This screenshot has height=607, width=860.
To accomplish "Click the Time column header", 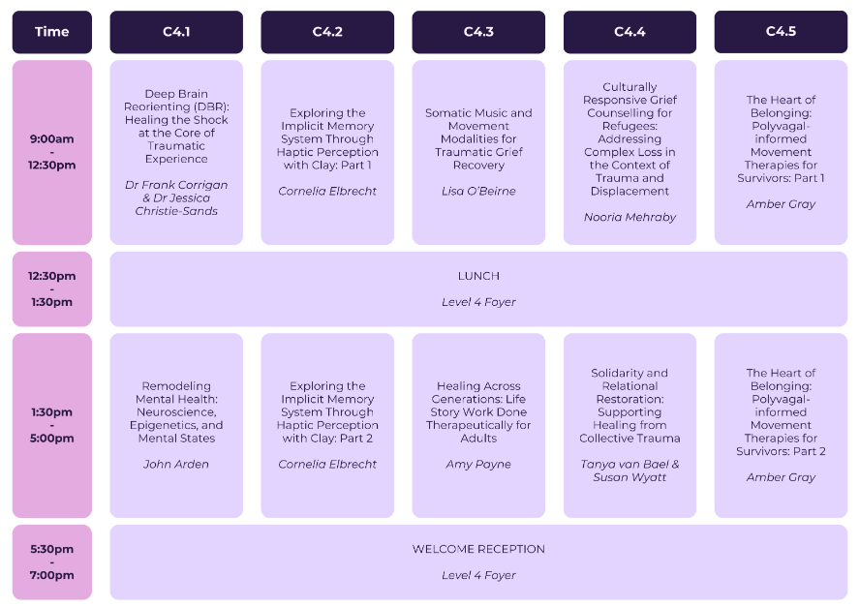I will pos(52,32).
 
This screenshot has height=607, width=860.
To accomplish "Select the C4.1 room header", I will pos(176,32).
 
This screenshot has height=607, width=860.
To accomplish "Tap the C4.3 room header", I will pos(478,32).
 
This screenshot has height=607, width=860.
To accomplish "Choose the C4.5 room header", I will pos(781,32).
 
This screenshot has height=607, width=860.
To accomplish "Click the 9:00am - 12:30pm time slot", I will pos(52,152).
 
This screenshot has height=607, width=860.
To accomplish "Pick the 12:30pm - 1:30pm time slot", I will pos(52,288).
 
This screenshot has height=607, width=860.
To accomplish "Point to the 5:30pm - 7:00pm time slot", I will pos(52,561).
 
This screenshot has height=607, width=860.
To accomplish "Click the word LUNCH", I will pos(478,276).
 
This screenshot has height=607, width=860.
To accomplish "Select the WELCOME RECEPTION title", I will pos(478,549).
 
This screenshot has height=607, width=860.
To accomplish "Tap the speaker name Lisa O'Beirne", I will pos(478,191).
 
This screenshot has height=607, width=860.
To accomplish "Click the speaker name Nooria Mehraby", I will pos(630,217).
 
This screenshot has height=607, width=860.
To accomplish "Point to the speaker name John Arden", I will pos(176,464).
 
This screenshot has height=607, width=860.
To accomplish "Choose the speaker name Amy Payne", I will pos(478,464).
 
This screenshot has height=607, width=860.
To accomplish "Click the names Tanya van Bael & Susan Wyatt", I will pos(630,470).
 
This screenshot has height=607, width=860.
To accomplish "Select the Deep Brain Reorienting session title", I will pos(176,126).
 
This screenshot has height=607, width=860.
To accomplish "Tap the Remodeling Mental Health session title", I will pos(176,411).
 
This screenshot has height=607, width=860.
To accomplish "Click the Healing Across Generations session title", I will pos(478,411).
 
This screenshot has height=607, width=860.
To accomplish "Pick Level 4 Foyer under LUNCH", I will pos(478,302).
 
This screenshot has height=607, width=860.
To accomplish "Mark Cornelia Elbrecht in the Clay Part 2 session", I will pos(327,464).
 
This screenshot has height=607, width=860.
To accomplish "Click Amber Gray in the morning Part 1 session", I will pos(781,204).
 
